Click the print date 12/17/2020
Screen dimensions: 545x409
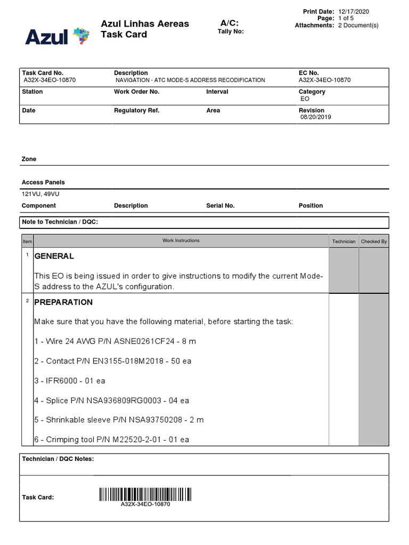pos(354,11)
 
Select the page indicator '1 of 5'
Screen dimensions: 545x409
pos(346,18)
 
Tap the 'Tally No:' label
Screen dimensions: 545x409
pos(231,31)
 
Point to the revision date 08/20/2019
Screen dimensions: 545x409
pos(315,117)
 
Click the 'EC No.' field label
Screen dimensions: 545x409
pos(309,73)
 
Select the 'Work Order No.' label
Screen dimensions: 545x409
pos(137,92)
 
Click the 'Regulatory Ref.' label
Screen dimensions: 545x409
pos(137,110)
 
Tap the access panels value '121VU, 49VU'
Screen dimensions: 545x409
pos(40,194)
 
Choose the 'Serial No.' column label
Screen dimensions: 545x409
pos(220,205)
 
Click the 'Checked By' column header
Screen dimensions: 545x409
pos(374,241)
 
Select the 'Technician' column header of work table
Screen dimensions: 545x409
pos(343,241)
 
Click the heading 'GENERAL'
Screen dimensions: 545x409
pos(54,256)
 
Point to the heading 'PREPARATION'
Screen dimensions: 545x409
pos(63,302)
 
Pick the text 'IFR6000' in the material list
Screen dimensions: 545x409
pos(62,381)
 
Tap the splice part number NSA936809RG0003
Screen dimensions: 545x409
pos(119,400)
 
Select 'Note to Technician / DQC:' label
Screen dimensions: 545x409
pos(60,221)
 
